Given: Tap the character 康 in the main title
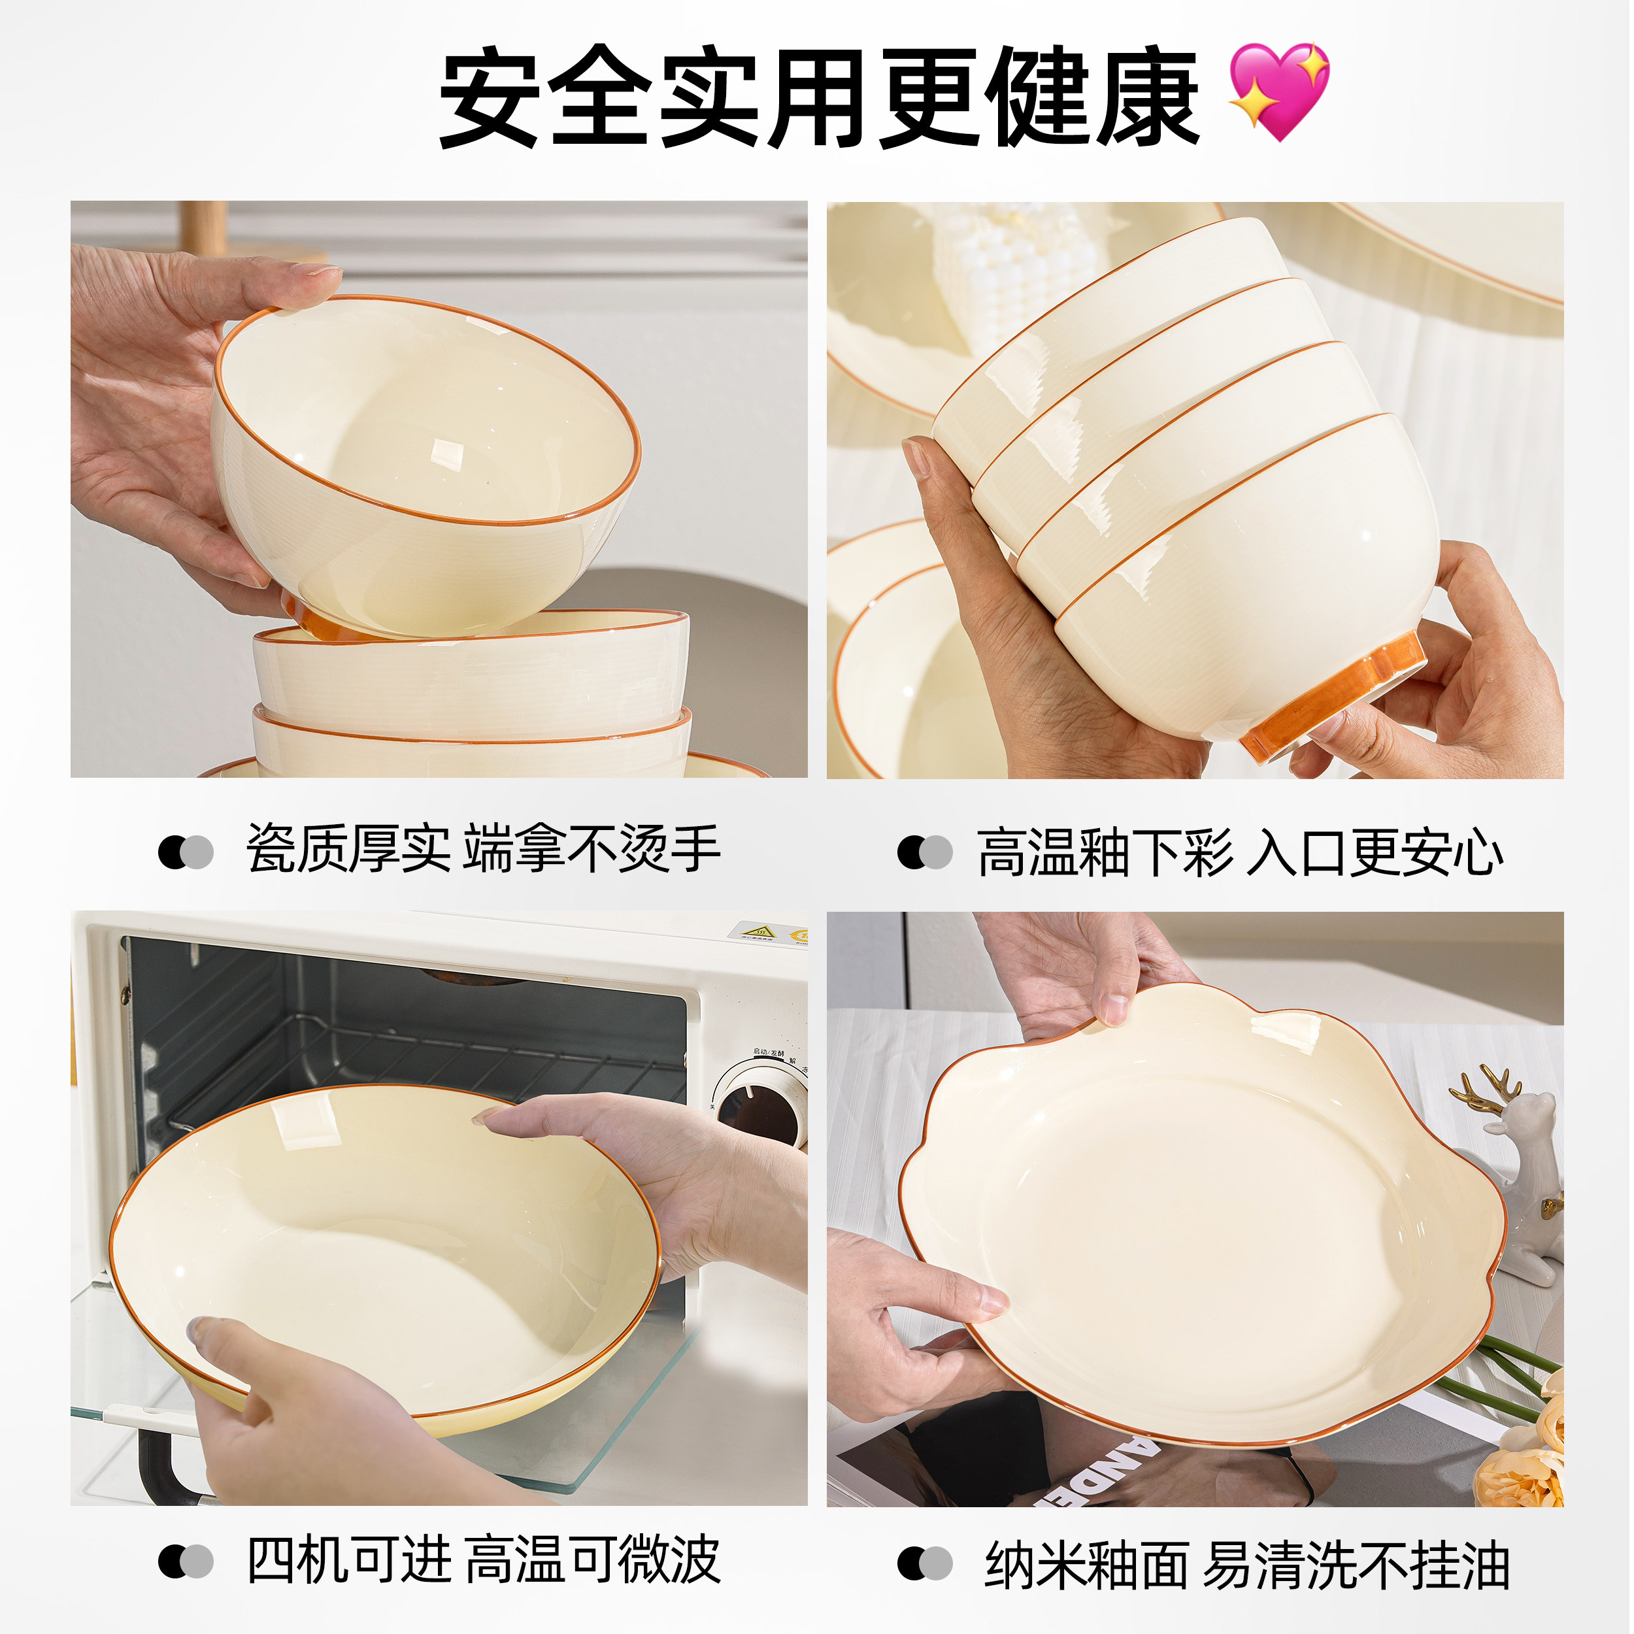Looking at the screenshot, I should (1148, 97).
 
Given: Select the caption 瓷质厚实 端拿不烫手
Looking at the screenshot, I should (483, 848).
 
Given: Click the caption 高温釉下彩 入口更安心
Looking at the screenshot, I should (1240, 852).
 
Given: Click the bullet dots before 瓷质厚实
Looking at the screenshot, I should (185, 852).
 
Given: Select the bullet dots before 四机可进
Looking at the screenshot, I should (185, 1561).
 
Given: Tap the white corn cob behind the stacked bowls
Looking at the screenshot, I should (1015, 271).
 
